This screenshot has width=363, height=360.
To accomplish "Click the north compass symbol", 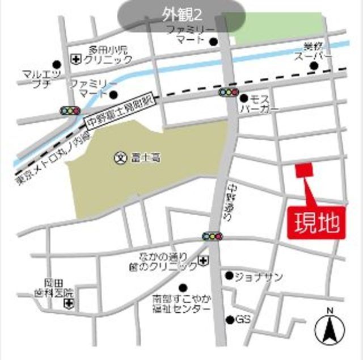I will [x=328, y=328].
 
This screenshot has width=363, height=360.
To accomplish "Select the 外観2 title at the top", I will [x=181, y=11].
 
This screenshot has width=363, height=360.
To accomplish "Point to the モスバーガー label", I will [x=259, y=103].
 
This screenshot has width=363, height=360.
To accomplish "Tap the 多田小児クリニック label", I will [x=108, y=54].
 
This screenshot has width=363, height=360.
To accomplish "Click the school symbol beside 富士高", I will [x=120, y=157].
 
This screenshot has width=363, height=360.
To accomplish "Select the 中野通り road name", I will [x=234, y=198].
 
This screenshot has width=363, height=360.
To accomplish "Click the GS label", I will [x=243, y=320].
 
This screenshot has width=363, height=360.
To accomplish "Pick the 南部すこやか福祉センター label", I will [x=181, y=303].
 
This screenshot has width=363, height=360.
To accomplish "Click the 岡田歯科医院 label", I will [x=60, y=288].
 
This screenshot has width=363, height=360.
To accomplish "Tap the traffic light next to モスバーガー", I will [x=228, y=92].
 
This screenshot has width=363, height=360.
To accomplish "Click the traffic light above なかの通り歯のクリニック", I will [x=212, y=236].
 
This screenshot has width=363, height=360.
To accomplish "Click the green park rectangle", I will [x=278, y=28].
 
